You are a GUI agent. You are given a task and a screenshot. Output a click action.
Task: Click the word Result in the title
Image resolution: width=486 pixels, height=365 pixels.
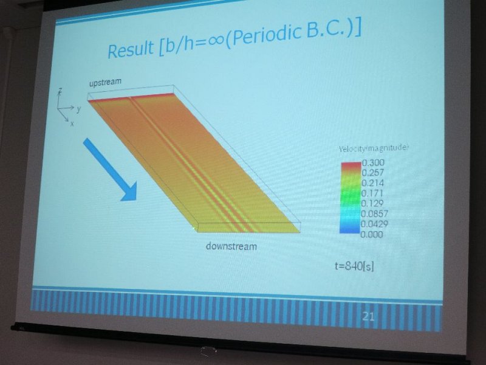pyautogui.click(x=131, y=49)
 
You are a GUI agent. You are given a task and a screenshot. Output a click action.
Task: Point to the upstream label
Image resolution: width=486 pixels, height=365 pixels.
pyautogui.click(x=105, y=83)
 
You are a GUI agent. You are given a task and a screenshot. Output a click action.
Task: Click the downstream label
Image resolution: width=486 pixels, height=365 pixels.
pyautogui.click(x=231, y=246)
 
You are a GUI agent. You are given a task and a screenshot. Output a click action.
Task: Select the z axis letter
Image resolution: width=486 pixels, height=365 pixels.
pyautogui.click(x=60, y=91)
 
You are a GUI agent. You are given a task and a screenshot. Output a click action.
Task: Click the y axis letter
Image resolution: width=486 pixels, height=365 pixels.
pyautogui.click(x=79, y=109)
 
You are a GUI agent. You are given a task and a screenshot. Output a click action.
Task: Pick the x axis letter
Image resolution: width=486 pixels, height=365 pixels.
pyautogui.click(x=72, y=123)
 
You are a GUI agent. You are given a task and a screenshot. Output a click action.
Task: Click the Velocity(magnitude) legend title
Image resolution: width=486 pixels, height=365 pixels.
pyautogui.click(x=373, y=148)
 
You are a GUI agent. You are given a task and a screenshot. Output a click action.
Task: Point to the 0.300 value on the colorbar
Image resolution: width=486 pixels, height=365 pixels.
pyautogui.click(x=373, y=162)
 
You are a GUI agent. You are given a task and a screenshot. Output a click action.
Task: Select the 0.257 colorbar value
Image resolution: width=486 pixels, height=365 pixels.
pyautogui.click(x=372, y=173)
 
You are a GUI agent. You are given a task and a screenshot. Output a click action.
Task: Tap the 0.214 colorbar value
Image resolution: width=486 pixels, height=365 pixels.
pyautogui.click(x=372, y=183)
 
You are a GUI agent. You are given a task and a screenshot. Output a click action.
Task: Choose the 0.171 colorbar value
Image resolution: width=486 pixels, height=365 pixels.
pyautogui.click(x=372, y=193)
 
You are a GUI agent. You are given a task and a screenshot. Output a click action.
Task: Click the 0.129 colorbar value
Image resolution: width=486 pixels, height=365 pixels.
pyautogui.click(x=372, y=203)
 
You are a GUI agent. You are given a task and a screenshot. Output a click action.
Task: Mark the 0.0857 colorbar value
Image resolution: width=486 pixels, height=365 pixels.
pyautogui.click(x=374, y=214)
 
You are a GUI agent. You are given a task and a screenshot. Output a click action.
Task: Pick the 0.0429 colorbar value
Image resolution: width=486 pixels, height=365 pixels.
pyautogui.click(x=374, y=224)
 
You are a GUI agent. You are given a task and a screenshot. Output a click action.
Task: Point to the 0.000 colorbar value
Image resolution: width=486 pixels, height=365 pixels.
pyautogui.click(x=371, y=234)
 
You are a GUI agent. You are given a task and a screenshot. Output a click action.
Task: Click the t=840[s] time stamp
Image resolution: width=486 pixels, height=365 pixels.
pyautogui.click(x=354, y=266)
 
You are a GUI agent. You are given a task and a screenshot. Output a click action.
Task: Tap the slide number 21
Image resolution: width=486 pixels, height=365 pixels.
pyautogui.click(x=368, y=316)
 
